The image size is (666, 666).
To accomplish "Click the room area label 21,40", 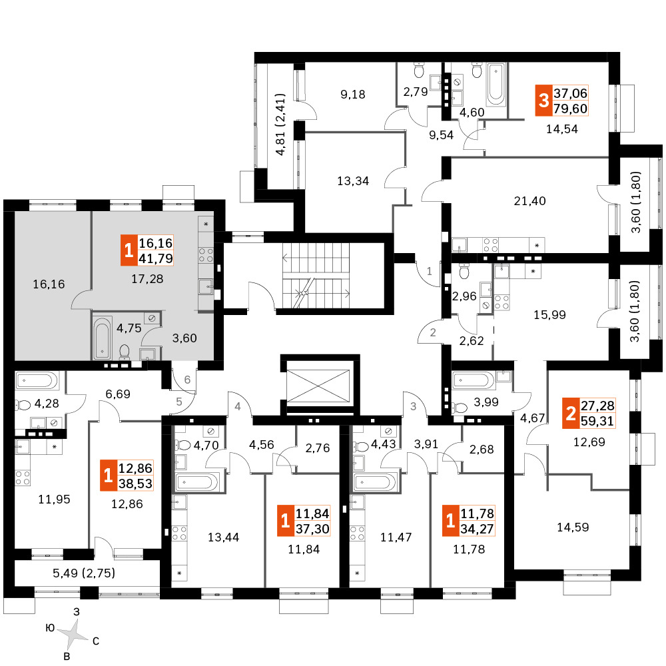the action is pos(529,200).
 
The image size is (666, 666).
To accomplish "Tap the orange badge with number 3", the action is pos(543,101).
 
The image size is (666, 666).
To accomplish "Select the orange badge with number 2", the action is pos(571,414).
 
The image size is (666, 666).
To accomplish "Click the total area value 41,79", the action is pos(156,258).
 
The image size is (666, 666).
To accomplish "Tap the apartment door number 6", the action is pos(187,380).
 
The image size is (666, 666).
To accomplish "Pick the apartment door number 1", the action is pos(429,271).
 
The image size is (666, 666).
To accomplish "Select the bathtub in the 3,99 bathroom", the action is pos(473,380).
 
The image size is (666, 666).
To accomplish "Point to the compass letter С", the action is pos(96,641).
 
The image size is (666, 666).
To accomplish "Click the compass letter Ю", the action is pos(50,628).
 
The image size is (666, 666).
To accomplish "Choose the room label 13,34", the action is pos(353,181).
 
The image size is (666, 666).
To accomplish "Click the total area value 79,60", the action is pos(571,109).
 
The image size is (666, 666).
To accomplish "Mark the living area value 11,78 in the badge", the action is pos(478,513).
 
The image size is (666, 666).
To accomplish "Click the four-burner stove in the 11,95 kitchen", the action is pos(23,478).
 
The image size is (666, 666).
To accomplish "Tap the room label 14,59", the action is pos(573,527).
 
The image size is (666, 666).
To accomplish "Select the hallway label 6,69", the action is pos(118,394).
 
